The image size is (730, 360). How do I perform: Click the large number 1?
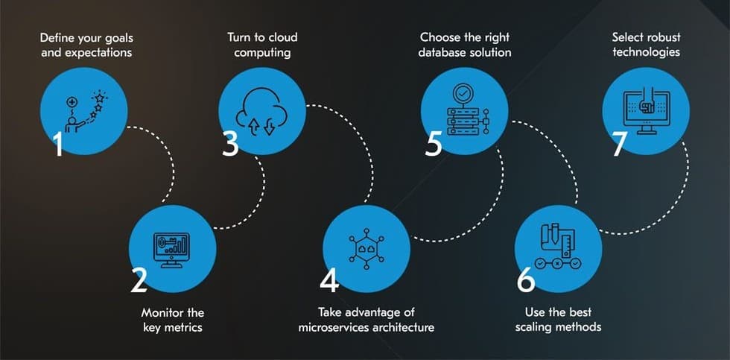point(58,145)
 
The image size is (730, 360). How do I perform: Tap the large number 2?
point(139,280)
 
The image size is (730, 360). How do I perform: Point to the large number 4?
point(329,280)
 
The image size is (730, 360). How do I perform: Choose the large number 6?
point(526,280)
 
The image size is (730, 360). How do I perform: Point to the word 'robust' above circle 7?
point(661,37)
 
